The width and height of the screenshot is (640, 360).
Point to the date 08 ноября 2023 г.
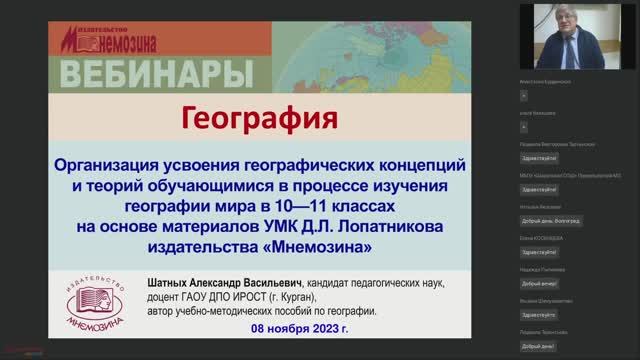(296, 328)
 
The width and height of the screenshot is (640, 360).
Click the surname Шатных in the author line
(175, 282)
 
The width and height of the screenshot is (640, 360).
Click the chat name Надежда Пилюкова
(541, 270)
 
